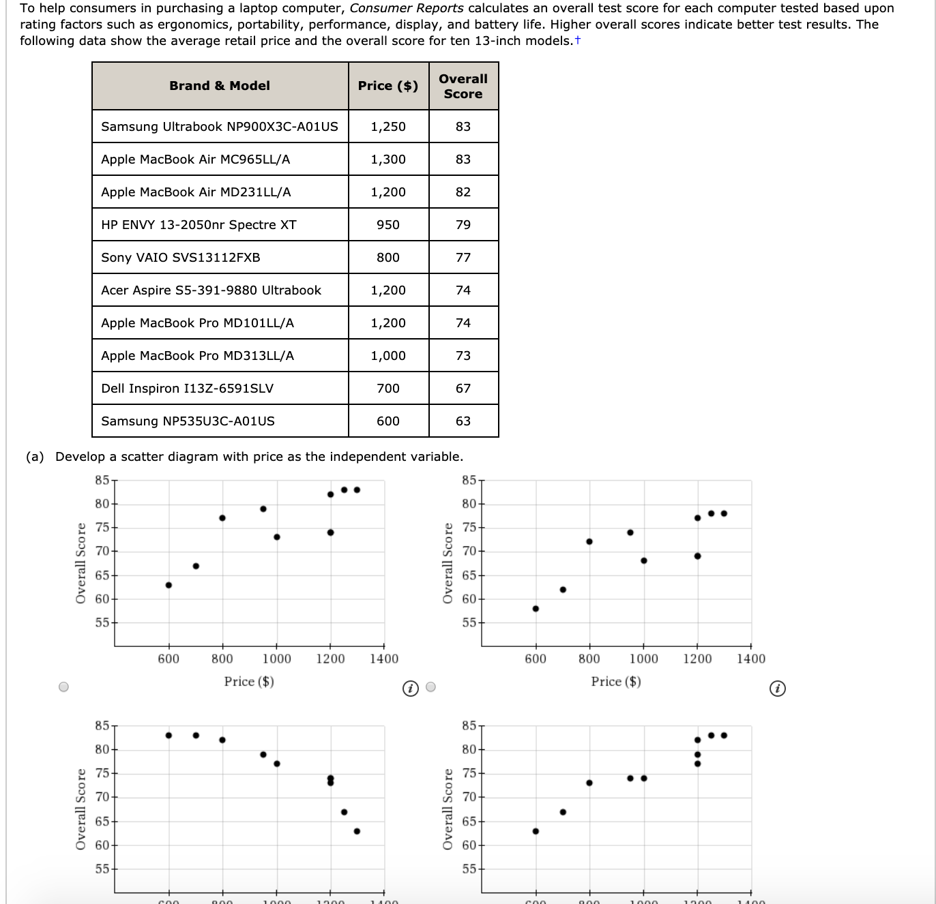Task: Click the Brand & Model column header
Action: (x=220, y=86)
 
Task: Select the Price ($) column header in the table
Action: (x=388, y=86)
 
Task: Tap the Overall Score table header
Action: (x=463, y=87)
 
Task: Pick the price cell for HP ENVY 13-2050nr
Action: (x=388, y=225)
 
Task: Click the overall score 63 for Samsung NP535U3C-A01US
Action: (x=463, y=421)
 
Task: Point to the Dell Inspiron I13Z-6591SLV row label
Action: (x=187, y=389)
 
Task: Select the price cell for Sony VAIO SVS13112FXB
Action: (x=388, y=258)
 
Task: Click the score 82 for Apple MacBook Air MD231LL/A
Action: (x=463, y=192)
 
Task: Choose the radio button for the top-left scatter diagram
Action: (x=63, y=687)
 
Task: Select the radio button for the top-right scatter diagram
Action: (x=430, y=687)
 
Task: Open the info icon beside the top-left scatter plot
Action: (x=409, y=689)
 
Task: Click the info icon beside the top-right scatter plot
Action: (x=776, y=689)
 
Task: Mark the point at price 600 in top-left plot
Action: (x=169, y=585)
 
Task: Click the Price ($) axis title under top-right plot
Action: (x=616, y=681)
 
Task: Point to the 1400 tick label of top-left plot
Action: (x=384, y=659)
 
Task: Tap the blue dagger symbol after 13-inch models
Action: (x=578, y=40)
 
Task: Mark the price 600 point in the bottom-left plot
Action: (x=169, y=735)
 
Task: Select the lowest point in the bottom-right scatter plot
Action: (x=536, y=831)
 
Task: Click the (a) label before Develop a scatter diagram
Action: (x=35, y=457)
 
